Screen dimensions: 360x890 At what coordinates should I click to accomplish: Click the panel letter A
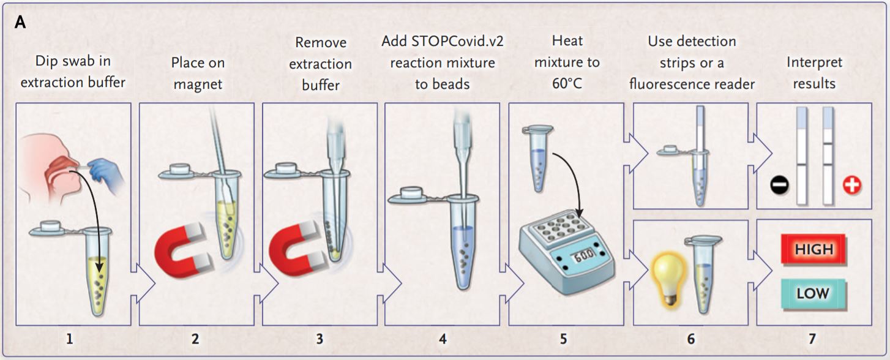point(20,22)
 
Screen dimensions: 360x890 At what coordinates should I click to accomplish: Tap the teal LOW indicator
point(813,293)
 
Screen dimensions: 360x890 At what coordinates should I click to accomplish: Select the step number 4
point(443,339)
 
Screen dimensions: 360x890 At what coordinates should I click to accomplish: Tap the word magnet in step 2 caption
point(198,83)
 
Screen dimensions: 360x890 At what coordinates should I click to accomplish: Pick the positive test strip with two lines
point(828,156)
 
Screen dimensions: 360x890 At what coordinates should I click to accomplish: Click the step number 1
point(70,339)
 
